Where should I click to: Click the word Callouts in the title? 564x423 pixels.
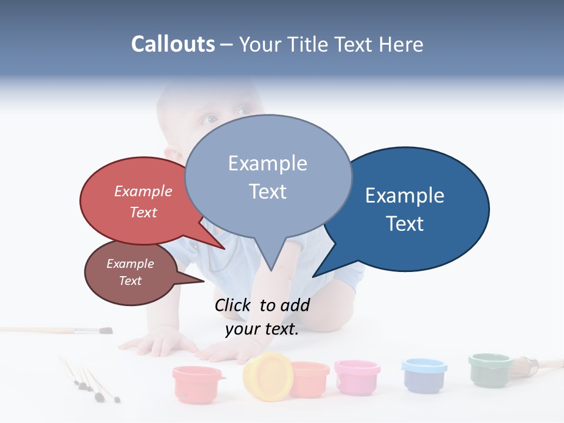point(173,44)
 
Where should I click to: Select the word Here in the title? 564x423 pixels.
point(402,44)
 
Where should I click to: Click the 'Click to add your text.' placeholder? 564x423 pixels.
point(262,317)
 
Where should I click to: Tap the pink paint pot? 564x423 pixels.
point(357,377)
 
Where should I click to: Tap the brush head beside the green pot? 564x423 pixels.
point(523,367)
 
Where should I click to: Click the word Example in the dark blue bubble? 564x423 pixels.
point(405,196)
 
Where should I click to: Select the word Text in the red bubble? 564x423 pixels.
point(143,213)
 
